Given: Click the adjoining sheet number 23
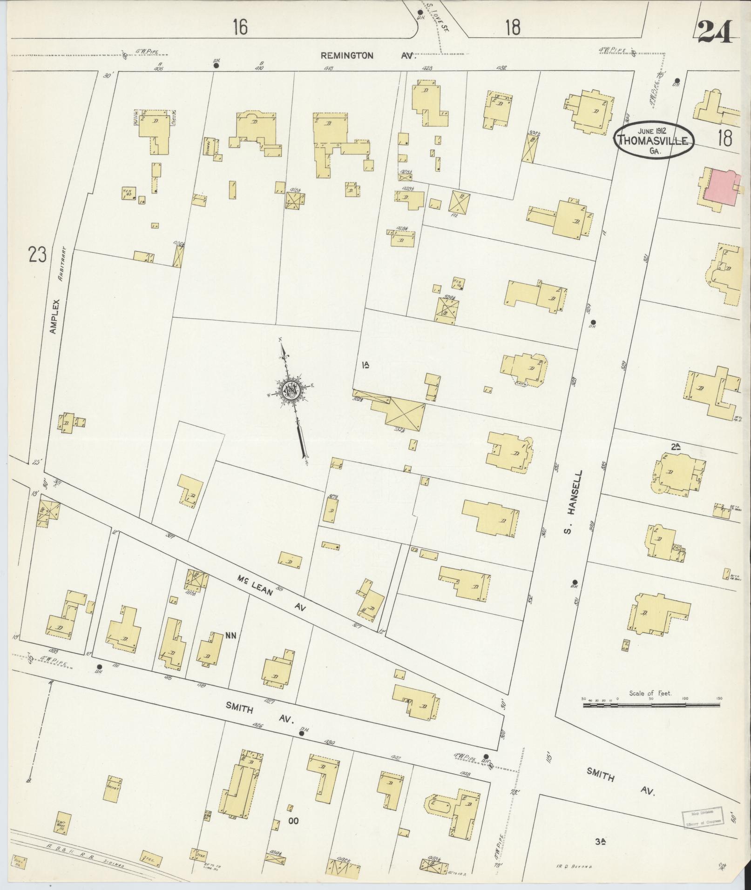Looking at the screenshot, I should [37, 254].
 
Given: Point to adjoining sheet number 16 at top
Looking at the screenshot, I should [240, 28].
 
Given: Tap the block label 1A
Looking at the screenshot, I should [366, 365].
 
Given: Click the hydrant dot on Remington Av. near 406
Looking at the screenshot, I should [216, 66].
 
